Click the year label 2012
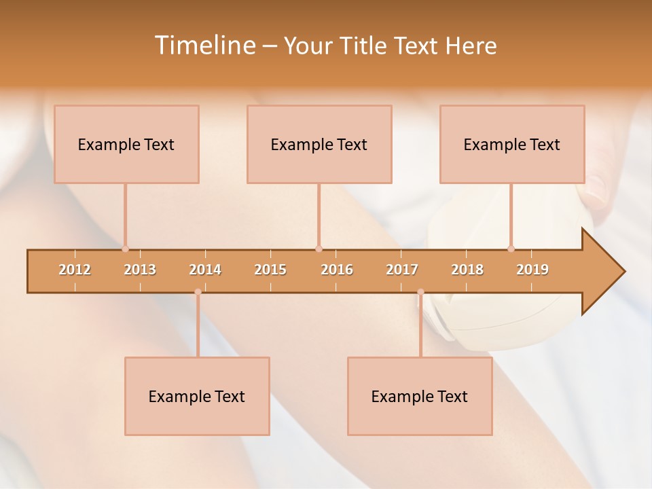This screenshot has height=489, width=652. (75, 270)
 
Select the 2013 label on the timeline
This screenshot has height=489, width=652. (140, 270)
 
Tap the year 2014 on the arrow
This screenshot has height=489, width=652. (205, 270)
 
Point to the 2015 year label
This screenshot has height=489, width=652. (270, 270)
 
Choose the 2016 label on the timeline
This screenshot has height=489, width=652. (337, 270)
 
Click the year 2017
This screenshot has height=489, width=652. (402, 270)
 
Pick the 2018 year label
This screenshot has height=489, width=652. (467, 270)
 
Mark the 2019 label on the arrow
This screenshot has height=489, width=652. (532, 270)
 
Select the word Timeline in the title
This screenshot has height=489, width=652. (204, 46)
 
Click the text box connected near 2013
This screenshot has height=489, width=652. (126, 144)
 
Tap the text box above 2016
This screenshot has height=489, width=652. (319, 144)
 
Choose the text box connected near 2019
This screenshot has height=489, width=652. (512, 144)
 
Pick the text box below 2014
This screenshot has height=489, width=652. (197, 396)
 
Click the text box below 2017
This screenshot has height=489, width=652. (420, 396)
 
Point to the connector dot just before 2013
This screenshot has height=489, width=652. (125, 249)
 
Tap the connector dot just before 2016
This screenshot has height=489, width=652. (319, 249)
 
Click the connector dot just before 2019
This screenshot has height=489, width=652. (511, 249)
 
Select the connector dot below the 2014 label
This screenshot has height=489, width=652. (198, 292)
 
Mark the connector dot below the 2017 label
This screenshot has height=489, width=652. (420, 292)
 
